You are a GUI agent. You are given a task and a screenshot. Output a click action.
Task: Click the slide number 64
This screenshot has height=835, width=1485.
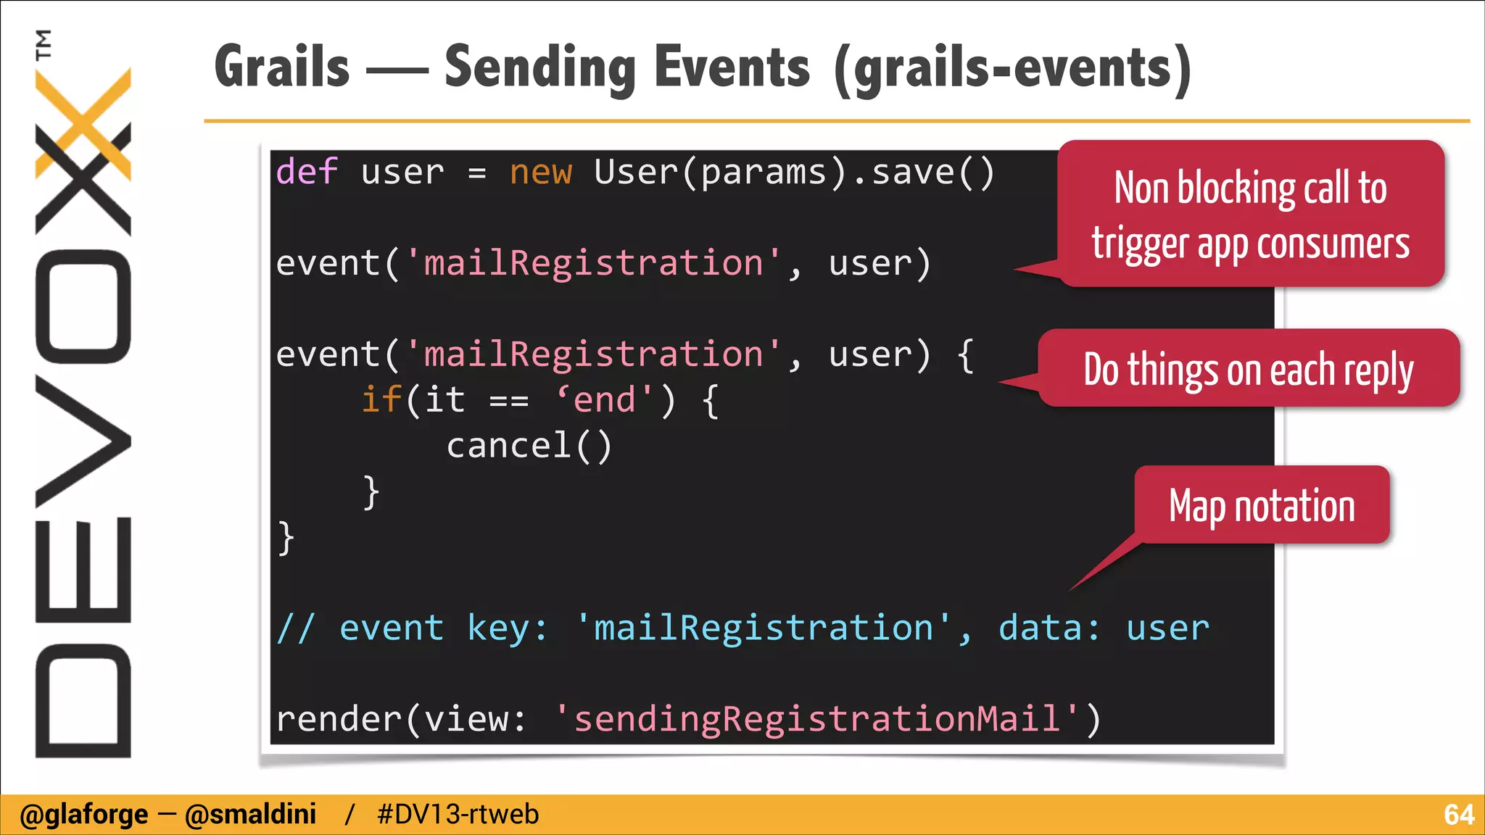(1458, 815)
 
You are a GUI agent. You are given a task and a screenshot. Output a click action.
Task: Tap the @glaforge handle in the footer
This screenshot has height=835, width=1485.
(84, 815)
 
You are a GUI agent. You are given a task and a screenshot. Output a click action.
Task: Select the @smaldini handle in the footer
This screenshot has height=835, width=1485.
(251, 815)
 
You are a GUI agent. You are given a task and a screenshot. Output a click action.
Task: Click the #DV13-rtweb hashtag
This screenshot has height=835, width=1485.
(458, 815)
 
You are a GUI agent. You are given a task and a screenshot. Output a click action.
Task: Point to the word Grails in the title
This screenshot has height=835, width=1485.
(283, 67)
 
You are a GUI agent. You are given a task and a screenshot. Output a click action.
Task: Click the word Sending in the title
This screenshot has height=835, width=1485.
(541, 67)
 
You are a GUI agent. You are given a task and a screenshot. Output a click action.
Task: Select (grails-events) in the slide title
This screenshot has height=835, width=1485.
(1012, 68)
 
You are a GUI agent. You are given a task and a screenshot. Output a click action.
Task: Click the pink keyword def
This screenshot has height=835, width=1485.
(307, 173)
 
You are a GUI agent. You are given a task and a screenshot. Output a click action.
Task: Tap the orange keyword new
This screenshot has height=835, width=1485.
(541, 173)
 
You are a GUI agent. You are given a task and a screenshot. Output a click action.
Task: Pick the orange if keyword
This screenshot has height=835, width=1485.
(381, 400)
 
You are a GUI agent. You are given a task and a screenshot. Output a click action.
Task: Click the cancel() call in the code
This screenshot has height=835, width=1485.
(529, 446)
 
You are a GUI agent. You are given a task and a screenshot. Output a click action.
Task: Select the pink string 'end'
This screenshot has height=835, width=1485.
(605, 400)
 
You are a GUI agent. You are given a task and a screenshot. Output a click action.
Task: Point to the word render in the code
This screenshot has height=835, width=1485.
(339, 719)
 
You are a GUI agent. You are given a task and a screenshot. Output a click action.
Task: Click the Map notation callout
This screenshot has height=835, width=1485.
(1262, 506)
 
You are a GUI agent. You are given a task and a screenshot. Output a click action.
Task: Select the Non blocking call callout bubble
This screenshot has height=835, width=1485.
(1251, 215)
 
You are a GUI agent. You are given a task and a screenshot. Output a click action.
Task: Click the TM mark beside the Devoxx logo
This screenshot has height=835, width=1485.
(44, 44)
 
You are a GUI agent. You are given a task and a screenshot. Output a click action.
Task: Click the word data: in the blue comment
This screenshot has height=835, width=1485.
(1049, 628)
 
